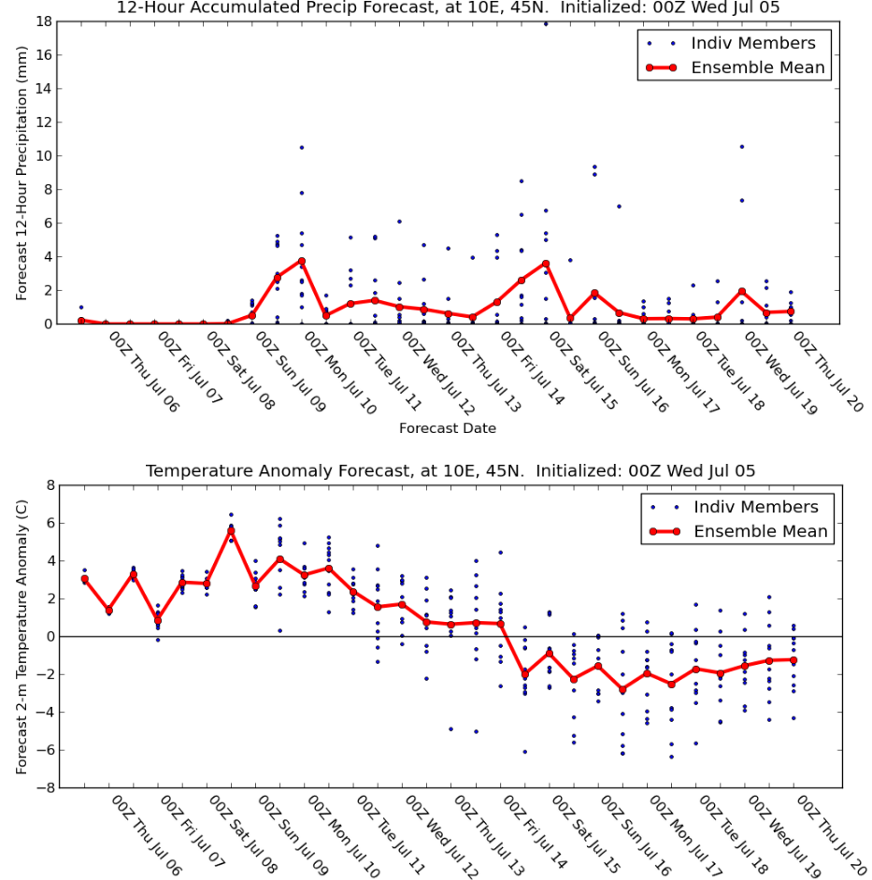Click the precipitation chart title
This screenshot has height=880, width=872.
pyautogui.click(x=448, y=7)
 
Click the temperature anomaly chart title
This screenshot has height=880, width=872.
pyautogui.click(x=450, y=471)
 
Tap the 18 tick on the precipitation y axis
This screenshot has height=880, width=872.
pyautogui.click(x=44, y=22)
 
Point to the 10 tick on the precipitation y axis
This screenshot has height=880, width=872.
pyautogui.click(x=44, y=156)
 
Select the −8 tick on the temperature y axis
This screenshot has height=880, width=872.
pyautogui.click(x=46, y=788)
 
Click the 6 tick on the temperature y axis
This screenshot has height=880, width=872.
pyautogui.click(x=51, y=523)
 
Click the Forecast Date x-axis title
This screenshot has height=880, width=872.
pyautogui.click(x=448, y=428)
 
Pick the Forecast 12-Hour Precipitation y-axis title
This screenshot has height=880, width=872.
pyautogui.click(x=21, y=173)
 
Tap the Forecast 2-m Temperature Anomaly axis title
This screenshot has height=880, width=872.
pyautogui.click(x=21, y=637)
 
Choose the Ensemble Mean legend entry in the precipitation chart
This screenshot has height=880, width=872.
pyautogui.click(x=736, y=67)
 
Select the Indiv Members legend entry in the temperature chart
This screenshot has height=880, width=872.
pyautogui.click(x=736, y=507)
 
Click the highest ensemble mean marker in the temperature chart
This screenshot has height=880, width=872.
pyautogui.click(x=231, y=531)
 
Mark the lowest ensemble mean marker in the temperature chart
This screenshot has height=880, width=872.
pyautogui.click(x=622, y=689)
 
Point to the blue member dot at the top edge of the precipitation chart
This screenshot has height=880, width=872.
pyautogui.click(x=546, y=23)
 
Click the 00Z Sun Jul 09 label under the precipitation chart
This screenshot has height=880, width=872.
pyautogui.click(x=290, y=371)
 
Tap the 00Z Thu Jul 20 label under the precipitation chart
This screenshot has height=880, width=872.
pyautogui.click(x=828, y=371)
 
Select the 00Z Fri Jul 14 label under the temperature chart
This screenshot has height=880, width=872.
pyautogui.click(x=535, y=835)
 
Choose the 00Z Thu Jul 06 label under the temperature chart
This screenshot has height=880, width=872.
pyautogui.click(x=147, y=835)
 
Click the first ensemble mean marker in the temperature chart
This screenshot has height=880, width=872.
pyautogui.click(x=85, y=579)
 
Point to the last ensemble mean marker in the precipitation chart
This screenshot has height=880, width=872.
pyautogui.click(x=791, y=311)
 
